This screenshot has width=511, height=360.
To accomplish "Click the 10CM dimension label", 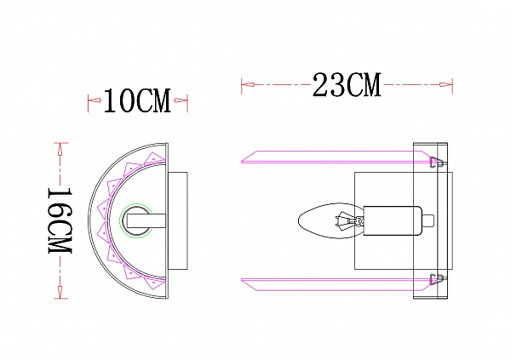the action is point(137,101).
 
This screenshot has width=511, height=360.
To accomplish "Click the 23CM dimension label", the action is point(347,85).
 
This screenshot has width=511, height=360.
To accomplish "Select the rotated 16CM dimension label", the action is point(60,220).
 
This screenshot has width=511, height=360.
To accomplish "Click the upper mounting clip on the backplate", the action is point(436,162).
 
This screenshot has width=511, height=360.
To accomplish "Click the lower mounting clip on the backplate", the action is point(436,279).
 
